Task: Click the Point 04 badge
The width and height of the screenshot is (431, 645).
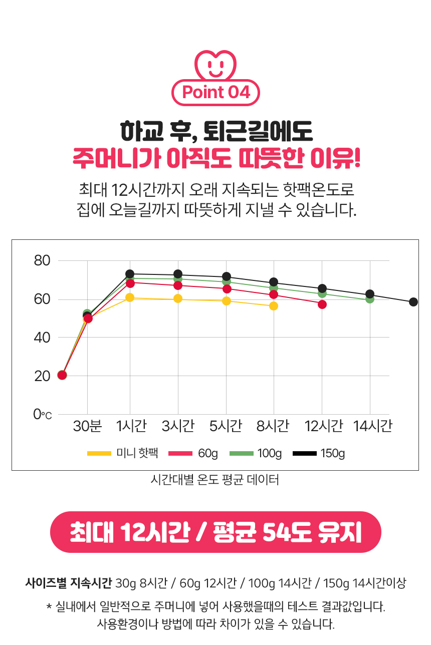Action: (x=215, y=93)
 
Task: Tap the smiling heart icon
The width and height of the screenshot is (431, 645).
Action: (x=215, y=64)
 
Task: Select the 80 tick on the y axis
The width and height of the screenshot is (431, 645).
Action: (x=43, y=261)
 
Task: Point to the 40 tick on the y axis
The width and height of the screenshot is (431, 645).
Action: (x=43, y=338)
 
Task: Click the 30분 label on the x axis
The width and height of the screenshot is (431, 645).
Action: (x=88, y=426)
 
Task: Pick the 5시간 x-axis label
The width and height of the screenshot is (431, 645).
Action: (x=226, y=426)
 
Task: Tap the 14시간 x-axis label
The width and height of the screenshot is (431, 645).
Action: (x=372, y=426)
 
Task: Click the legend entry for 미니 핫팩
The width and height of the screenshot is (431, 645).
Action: (x=123, y=454)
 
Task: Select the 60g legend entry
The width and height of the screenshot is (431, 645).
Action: (x=193, y=454)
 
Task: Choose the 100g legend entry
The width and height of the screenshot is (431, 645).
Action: (x=256, y=454)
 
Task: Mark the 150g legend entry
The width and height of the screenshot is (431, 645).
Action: (x=319, y=454)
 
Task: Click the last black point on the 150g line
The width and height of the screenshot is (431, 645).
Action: (x=413, y=302)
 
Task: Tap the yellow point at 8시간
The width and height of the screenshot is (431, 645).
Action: (x=274, y=306)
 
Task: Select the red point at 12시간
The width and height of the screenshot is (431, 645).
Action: (x=322, y=304)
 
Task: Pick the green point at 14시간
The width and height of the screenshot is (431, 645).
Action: (x=370, y=299)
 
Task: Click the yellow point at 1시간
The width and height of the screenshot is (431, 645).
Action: (x=130, y=297)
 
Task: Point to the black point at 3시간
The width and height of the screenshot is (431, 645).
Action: (x=178, y=274)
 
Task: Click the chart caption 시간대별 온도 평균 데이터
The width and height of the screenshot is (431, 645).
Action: (x=215, y=480)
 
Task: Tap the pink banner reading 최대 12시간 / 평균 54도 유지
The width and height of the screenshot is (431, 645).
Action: (x=215, y=532)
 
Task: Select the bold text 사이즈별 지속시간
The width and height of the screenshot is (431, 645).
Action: (x=69, y=583)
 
